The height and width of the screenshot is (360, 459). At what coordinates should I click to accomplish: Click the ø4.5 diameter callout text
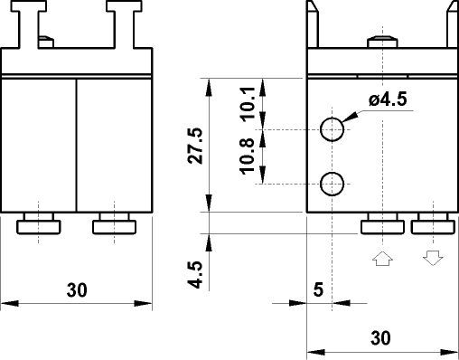tap(388, 101)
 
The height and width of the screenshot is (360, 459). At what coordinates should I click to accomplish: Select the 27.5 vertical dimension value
tap(195, 146)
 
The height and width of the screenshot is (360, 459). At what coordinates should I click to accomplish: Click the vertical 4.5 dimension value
tap(195, 273)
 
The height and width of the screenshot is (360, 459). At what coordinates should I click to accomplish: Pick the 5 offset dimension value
tap(317, 290)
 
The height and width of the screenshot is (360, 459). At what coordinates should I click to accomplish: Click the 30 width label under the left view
tap(77, 290)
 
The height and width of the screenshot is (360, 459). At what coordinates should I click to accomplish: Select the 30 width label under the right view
tap(381, 338)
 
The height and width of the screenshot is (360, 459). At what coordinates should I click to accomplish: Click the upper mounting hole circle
tap(333, 129)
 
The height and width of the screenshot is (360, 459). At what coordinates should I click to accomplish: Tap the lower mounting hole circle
tap(333, 184)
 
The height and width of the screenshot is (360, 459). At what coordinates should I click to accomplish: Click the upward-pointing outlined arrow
tap(382, 258)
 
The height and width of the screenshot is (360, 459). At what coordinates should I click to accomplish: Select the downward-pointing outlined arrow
tap(433, 258)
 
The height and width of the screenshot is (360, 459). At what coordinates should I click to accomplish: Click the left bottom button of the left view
tap(39, 223)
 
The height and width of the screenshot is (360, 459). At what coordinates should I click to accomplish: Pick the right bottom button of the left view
tap(114, 223)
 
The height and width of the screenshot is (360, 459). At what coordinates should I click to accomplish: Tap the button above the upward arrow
tap(383, 223)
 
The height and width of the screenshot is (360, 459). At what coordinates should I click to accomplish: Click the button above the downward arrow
tap(433, 223)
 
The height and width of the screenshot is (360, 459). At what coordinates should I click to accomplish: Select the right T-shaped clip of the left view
tap(120, 20)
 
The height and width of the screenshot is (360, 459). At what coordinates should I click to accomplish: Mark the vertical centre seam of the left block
tap(76, 146)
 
